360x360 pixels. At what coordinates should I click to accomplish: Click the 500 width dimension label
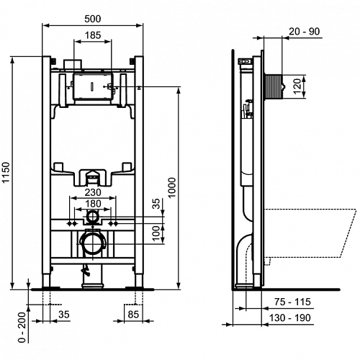[93, 19]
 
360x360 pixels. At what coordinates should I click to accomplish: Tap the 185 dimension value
[93, 35]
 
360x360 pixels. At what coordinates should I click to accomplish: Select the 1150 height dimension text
[6, 172]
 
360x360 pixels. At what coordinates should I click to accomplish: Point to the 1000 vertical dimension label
[172, 187]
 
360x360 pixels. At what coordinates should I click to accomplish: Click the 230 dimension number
[93, 192]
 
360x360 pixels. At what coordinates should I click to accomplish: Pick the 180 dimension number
[93, 204]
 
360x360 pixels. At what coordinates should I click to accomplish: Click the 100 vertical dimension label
[156, 233]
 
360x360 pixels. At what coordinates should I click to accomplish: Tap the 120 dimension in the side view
[297, 86]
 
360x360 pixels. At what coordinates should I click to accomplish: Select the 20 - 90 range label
[304, 32]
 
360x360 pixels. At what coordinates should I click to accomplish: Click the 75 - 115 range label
[292, 302]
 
